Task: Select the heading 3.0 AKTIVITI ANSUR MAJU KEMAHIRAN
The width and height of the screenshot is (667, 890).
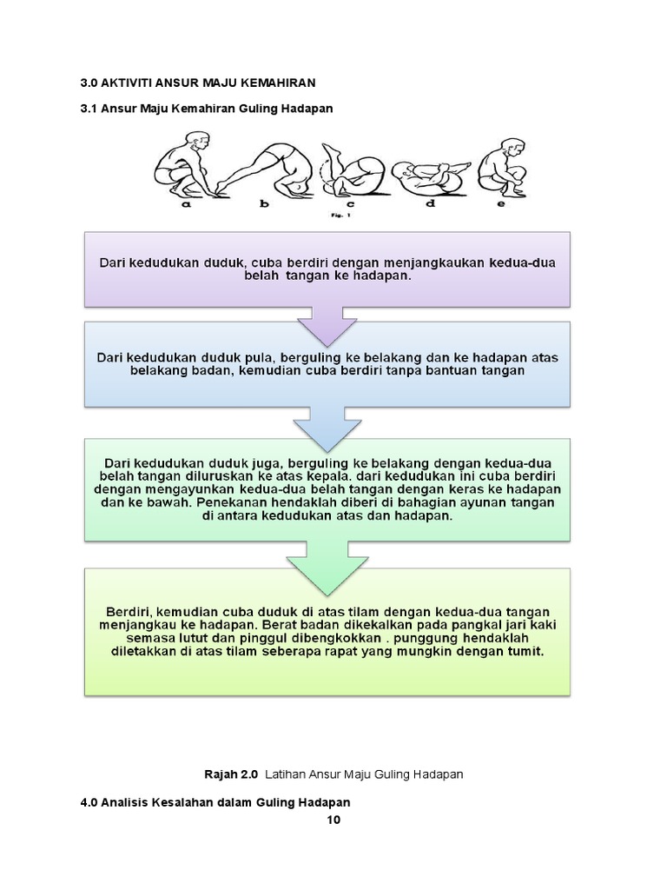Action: pos(198,83)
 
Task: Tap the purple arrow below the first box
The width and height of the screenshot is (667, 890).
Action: pos(327,322)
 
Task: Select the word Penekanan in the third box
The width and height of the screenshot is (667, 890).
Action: pos(233,501)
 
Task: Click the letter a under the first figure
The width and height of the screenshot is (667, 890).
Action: pos(186,207)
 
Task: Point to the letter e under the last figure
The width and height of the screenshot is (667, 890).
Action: pos(500,207)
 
